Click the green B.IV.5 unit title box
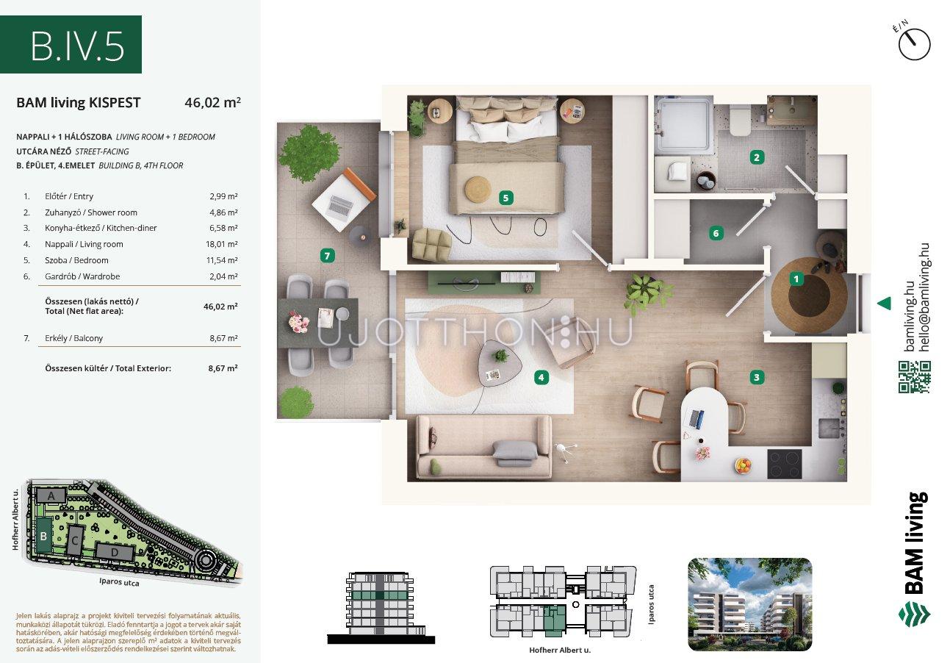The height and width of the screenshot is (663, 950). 71,45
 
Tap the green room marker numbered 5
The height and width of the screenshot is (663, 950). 505,198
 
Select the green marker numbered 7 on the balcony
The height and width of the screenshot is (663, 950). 327,256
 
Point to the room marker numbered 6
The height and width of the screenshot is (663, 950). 716,233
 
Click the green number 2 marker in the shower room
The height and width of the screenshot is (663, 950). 757,158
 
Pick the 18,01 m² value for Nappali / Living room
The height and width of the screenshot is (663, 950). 221,244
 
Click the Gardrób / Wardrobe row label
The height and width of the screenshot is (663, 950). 82,276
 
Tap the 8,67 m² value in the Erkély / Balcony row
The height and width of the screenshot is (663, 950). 223,339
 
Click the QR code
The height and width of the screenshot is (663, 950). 915,376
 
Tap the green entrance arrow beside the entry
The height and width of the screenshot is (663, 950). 885,304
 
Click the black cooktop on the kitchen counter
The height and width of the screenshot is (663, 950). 785,464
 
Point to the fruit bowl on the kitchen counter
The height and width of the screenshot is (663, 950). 744,465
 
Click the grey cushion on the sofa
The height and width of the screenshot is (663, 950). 515,453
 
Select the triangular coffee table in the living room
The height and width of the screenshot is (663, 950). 499,362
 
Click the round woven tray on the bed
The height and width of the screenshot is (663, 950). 478,188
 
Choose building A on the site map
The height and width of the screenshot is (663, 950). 51,495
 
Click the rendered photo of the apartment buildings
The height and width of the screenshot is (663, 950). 750,604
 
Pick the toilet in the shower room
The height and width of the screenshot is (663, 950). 740,120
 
